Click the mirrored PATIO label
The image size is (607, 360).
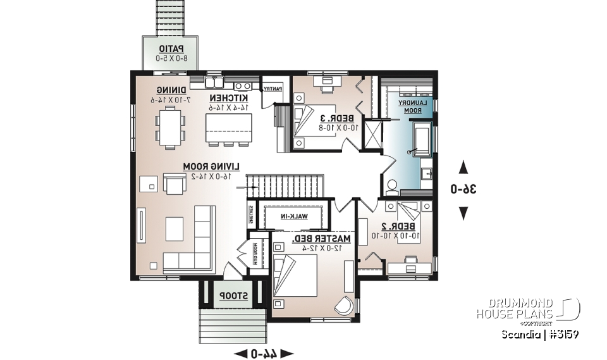coord(171,49)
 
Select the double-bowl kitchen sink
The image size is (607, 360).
coord(213,82)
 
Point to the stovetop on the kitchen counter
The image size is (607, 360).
coord(242,84)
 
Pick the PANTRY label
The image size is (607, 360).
coord(272,89)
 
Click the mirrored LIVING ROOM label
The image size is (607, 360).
coord(213,166)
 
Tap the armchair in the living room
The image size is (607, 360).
coord(173,184)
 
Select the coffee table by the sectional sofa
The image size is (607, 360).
coord(175,228)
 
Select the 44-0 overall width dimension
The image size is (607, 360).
coord(264,352)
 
